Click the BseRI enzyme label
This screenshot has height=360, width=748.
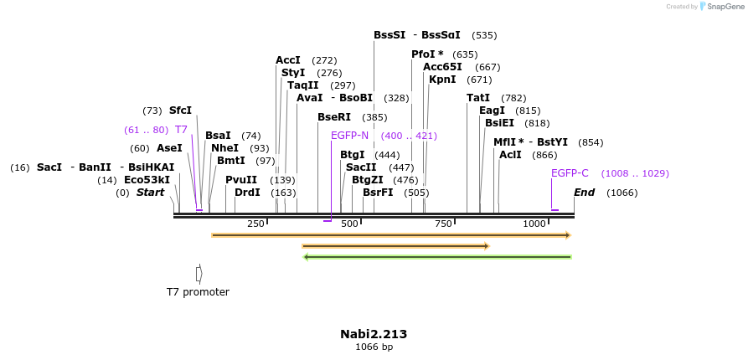click(335, 117)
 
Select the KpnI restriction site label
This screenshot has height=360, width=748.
click(442, 80)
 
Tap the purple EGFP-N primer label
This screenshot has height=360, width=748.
click(349, 136)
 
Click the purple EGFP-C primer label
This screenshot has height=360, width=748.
click(570, 173)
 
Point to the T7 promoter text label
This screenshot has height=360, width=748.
click(198, 292)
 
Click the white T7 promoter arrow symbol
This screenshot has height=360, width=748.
click(199, 274)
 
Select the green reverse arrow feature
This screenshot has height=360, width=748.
click(437, 257)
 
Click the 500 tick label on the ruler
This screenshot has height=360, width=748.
click(349, 224)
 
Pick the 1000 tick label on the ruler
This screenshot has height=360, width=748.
click(534, 224)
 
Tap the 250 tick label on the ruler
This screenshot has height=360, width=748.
click(255, 224)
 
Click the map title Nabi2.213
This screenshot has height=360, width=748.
click(374, 334)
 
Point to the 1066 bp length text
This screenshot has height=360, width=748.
click(374, 347)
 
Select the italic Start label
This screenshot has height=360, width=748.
click(150, 193)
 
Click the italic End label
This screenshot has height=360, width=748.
click(584, 193)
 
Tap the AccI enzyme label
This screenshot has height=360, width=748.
click(288, 60)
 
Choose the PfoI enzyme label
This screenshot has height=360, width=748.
click(427, 54)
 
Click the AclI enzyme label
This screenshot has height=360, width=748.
click(510, 155)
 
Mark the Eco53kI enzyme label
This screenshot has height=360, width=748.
click(147, 180)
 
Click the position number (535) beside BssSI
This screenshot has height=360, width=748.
click(484, 35)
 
